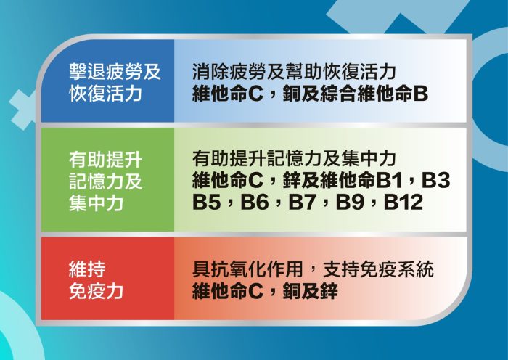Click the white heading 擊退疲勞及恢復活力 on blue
[115, 82]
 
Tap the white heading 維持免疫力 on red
[96, 279]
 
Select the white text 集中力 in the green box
[96, 202]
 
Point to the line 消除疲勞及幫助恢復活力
[293, 72]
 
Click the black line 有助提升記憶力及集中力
[293, 158]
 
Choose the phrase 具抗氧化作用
[247, 269]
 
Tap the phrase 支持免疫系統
[378, 269]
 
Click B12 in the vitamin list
[403, 202]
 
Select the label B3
[435, 180]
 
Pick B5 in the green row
[206, 202]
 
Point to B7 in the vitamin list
[302, 202]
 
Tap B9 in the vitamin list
[350, 202]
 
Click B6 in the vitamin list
[254, 202]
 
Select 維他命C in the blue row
[227, 94]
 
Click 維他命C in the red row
[227, 290]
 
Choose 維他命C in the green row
[227, 180]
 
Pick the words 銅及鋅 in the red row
[311, 290]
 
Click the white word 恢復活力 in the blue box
[106, 94]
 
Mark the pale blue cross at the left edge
[22, 110]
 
